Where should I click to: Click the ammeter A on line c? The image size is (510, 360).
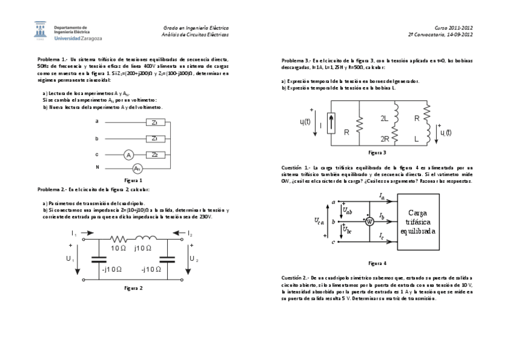tap(128, 154)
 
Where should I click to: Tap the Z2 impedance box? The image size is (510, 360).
tap(155, 154)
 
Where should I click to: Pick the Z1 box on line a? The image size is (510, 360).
tap(155, 122)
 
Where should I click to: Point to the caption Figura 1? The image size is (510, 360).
tap(133, 180)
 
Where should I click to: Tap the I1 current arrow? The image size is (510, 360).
tap(75, 233)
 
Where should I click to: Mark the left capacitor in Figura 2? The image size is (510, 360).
tap(97, 260)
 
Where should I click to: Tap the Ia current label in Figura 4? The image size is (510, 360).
tap(382, 197)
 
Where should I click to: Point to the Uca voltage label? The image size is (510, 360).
tap(319, 222)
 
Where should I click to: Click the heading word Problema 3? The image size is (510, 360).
tap(295, 61)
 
